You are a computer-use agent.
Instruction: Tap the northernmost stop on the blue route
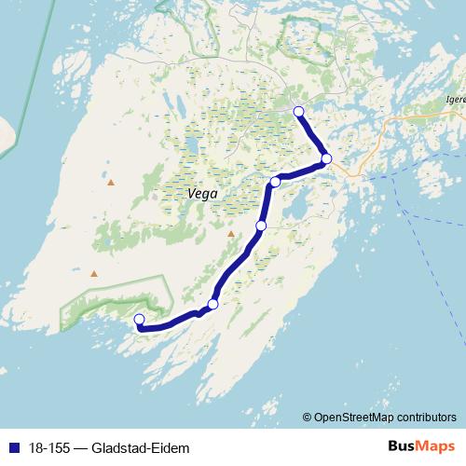298,112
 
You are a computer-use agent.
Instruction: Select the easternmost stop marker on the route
326,158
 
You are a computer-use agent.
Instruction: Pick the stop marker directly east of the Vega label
274,181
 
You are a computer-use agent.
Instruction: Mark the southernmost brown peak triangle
94,273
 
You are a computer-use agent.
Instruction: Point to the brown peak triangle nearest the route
231,234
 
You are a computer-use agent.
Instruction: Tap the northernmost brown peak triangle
111,182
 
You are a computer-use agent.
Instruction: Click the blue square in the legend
13,448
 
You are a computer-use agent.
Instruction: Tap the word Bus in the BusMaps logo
403,446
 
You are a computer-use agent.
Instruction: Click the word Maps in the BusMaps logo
436,446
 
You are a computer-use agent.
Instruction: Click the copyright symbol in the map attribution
307,417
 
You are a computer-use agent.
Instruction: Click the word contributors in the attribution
425,417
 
